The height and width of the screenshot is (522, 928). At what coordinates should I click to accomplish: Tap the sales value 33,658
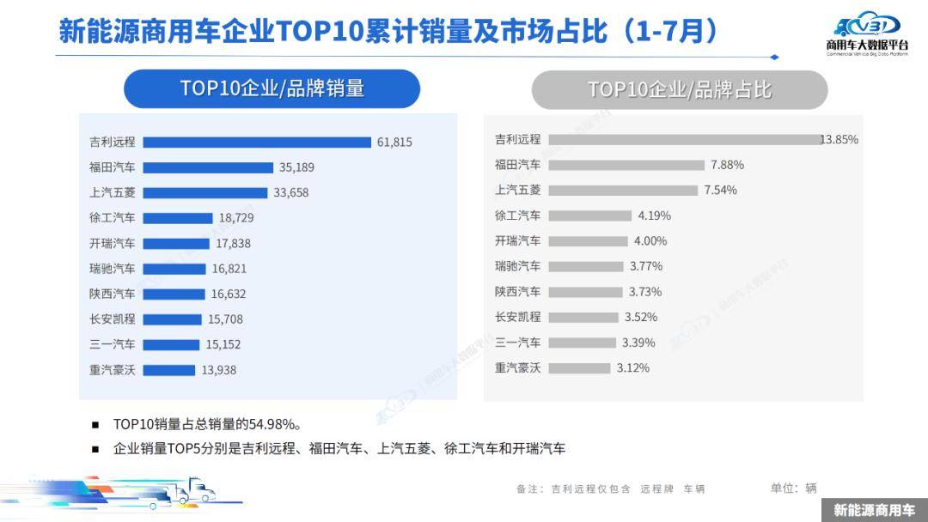291,192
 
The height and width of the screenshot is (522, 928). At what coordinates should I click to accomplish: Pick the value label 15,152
223,345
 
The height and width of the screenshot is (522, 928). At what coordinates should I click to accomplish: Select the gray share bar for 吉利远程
685,139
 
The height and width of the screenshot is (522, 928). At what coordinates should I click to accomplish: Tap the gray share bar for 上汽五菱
623,190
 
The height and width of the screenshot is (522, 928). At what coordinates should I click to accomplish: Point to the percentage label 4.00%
650,241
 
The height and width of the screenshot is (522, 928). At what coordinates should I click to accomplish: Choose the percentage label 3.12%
633,368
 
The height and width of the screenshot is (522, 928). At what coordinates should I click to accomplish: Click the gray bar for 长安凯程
583,317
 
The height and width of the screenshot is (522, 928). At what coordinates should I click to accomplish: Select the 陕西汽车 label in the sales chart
112,294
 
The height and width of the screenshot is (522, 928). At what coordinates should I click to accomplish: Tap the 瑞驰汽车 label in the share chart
518,266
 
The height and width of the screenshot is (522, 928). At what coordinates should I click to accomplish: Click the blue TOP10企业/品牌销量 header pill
272,88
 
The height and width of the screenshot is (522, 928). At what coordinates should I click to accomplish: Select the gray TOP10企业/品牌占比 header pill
680,89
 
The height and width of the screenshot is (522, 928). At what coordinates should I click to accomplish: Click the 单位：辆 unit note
794,488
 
